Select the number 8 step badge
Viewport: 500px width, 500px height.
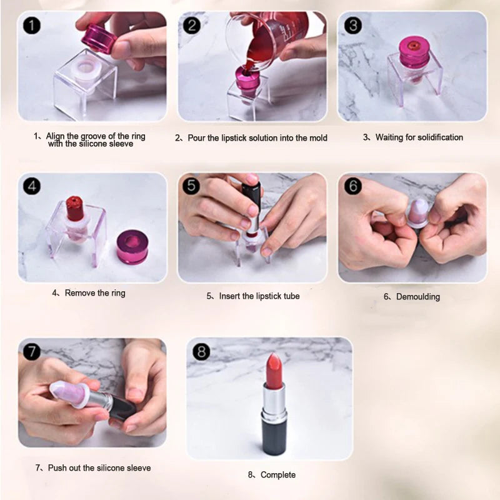(x=201, y=352)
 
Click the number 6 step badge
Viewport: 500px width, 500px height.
(x=353, y=186)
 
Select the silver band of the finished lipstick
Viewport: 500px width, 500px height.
(x=273, y=400)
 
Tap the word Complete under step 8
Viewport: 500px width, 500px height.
(x=277, y=475)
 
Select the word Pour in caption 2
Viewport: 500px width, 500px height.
(x=197, y=137)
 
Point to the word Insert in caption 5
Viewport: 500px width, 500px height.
(x=230, y=296)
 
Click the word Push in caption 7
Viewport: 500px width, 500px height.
(x=55, y=467)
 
